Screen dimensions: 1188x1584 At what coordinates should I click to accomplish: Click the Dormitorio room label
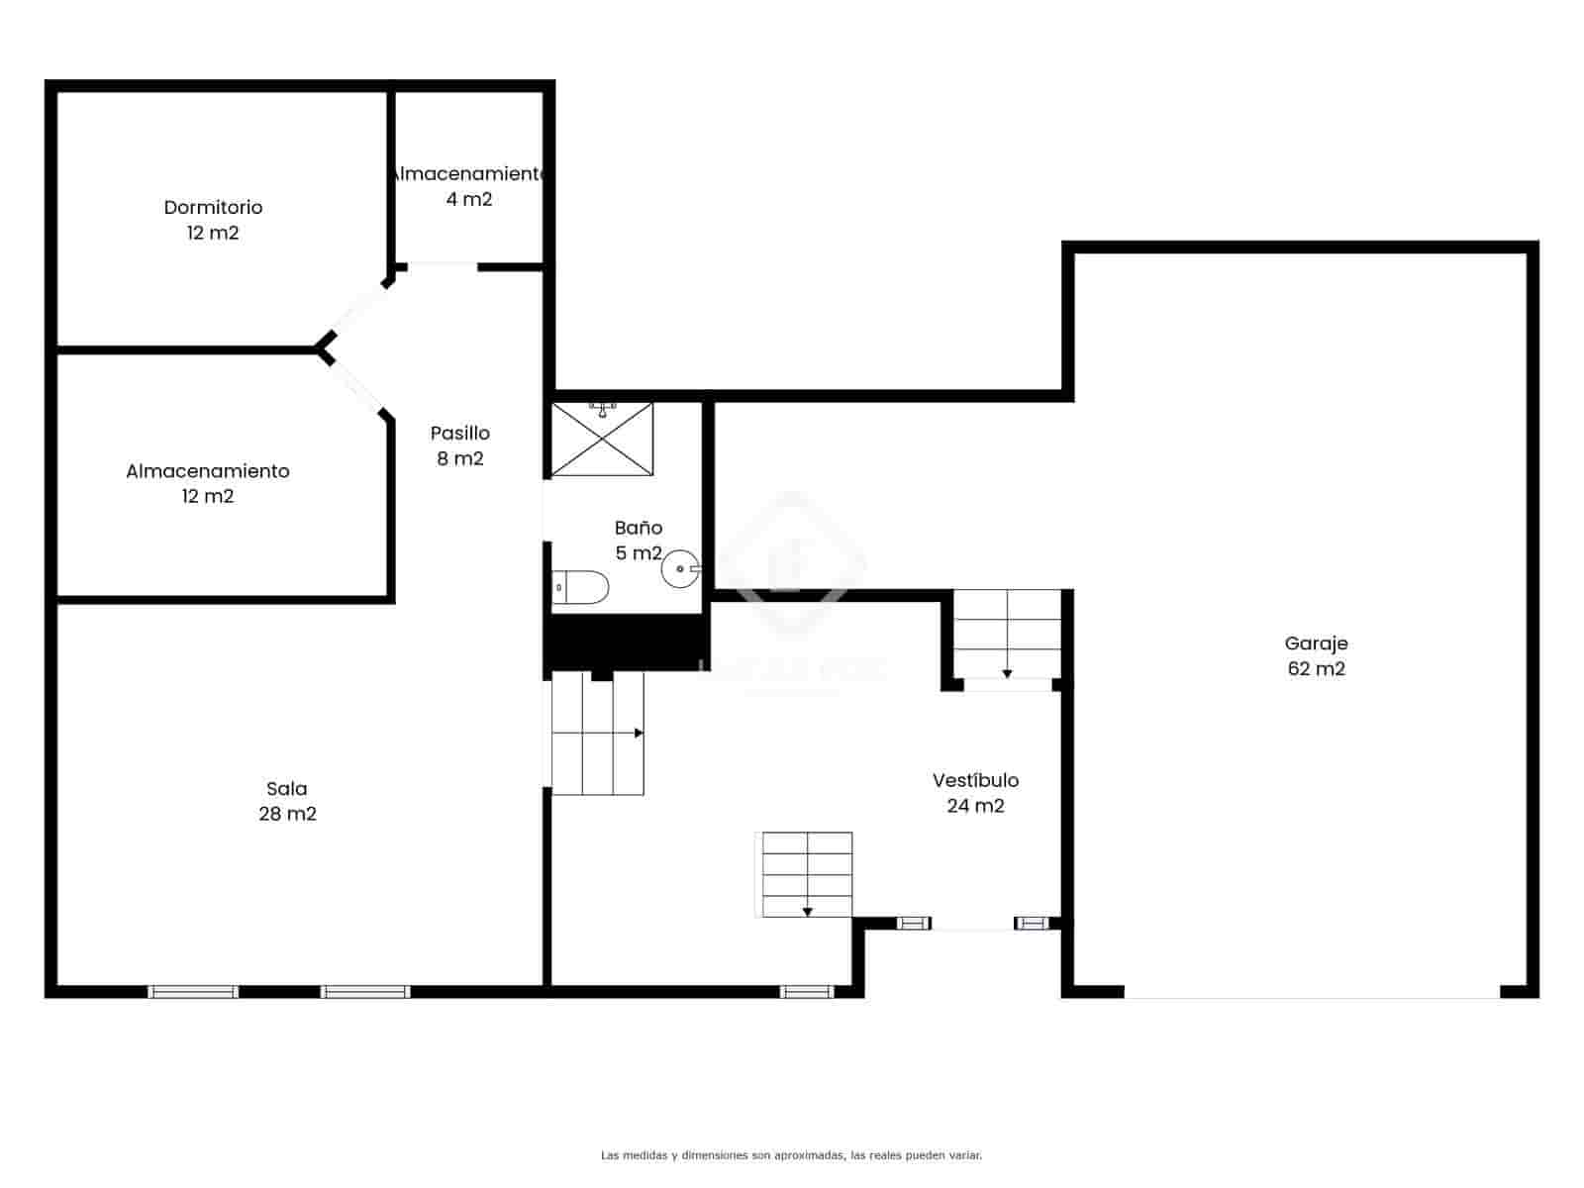coord(213,220)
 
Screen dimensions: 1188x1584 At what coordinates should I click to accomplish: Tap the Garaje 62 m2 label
coord(1316,655)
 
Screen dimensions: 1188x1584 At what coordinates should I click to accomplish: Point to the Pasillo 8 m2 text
coord(460,445)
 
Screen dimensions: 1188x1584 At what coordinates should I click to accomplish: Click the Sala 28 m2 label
coord(287,801)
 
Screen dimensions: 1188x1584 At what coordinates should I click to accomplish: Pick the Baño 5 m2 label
coord(638,540)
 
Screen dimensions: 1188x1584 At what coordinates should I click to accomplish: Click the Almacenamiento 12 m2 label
coord(207,483)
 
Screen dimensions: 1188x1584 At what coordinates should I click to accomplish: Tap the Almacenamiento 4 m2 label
coord(468,186)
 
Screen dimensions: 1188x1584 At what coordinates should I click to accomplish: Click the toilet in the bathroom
coord(580,587)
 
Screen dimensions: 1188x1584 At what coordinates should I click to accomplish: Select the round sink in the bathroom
coord(681,569)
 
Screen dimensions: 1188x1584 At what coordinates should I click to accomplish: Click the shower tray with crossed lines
coord(602,439)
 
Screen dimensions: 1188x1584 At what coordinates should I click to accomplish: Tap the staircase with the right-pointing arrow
coord(598,733)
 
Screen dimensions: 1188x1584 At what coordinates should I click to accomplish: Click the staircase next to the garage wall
coord(1007,634)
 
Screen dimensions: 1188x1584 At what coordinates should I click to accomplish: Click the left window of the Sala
coord(193,991)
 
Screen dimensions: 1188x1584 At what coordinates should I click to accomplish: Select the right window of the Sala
coord(365,991)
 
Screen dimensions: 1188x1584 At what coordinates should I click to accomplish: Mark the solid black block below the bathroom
coord(626,642)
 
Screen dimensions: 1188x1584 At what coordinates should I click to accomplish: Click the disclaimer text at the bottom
coord(791,1154)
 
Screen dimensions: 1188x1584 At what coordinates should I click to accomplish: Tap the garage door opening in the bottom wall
coord(1312,991)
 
